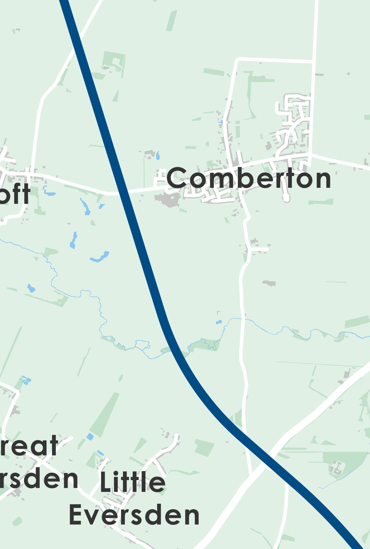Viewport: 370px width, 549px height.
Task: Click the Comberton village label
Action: coord(249,178)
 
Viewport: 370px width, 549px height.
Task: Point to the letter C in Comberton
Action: coord(177,178)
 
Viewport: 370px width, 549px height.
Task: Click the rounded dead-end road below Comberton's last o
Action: coord(286,198)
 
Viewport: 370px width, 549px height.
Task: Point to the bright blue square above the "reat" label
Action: coord(90,437)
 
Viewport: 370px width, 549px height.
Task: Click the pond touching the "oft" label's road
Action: coord(49,193)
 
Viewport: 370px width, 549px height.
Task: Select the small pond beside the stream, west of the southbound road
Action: coord(219,322)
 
